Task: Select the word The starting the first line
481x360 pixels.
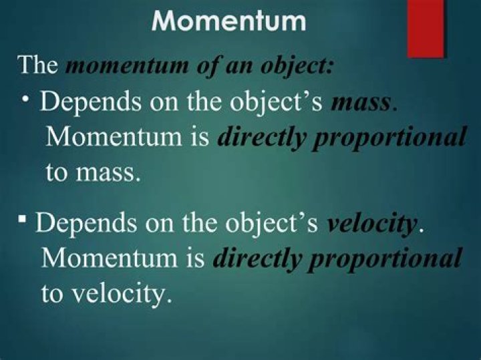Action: coord(39,66)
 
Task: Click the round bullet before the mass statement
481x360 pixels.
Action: coord(25,98)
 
